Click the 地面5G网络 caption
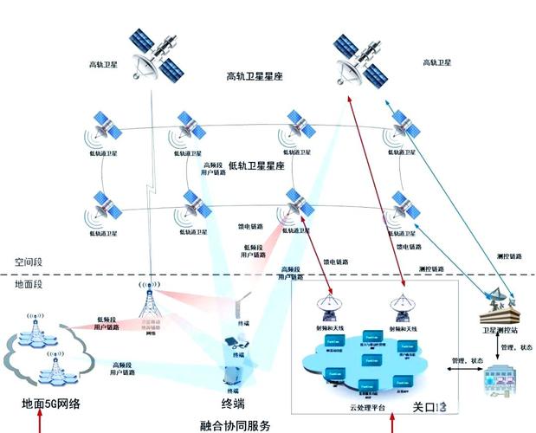pos(51,404)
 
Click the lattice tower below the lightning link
pos(149,303)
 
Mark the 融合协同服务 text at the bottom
pos(235,425)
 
